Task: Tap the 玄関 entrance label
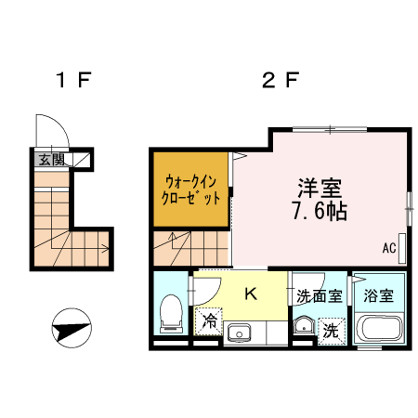(x=46, y=159)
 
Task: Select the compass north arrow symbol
(x=72, y=328)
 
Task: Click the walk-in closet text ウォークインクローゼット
(x=192, y=189)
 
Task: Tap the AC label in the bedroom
(x=388, y=248)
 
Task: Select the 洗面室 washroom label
(x=319, y=296)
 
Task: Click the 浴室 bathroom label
(x=378, y=296)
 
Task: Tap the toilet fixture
(x=171, y=314)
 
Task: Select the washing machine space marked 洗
(x=331, y=329)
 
